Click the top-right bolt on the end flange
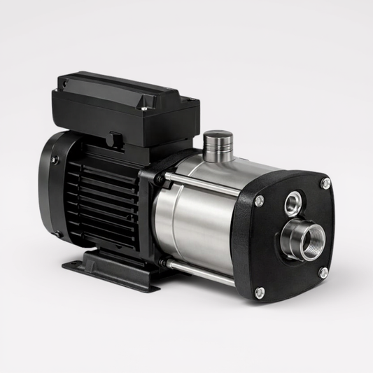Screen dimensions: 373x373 tap(325, 183)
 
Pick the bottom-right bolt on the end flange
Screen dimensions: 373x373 tap(323, 272)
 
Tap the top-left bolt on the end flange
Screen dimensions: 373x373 tap(260, 201)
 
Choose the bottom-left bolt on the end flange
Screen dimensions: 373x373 tap(260, 293)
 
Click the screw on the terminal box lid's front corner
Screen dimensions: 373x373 tap(144, 108)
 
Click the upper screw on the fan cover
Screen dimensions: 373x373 tap(55, 160)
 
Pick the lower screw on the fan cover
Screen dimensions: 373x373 tap(57, 234)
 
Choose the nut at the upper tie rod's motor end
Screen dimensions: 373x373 tap(160, 178)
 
